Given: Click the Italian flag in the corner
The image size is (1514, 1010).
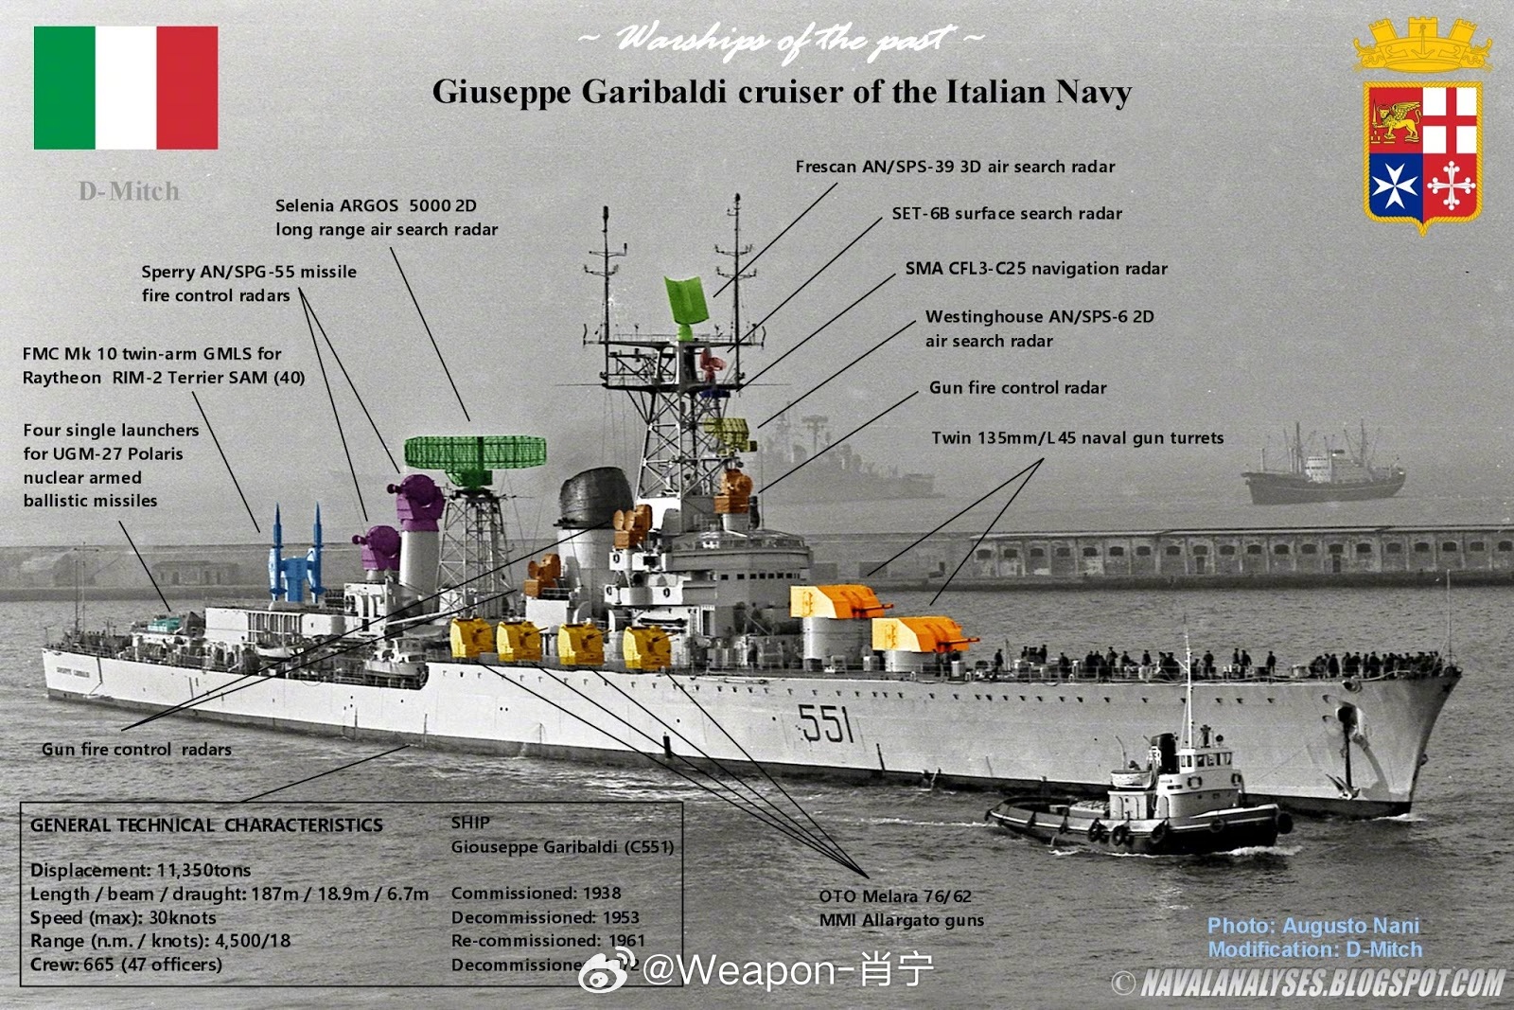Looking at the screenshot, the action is [x=126, y=88].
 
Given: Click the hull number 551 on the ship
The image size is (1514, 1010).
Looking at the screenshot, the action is [x=826, y=724].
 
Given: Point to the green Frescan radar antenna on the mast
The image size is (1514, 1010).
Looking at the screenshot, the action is [x=686, y=303].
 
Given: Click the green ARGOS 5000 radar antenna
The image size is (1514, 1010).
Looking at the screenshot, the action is [x=475, y=452].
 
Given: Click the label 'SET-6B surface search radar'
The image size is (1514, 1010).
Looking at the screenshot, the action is [x=1007, y=214].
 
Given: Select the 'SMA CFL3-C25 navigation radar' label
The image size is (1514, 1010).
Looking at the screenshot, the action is [x=1036, y=269].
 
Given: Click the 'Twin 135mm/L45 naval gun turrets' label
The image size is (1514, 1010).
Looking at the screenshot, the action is [x=1077, y=438].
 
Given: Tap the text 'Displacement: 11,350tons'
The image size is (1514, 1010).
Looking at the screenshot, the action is [x=141, y=870].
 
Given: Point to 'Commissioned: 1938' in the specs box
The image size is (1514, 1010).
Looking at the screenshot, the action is [x=536, y=893].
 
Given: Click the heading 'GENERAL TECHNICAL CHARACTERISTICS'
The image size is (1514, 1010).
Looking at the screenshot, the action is [x=206, y=825].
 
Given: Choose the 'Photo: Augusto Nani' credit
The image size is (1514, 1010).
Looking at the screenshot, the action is [x=1313, y=926].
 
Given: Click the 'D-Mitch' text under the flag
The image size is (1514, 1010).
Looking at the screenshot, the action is [x=129, y=191].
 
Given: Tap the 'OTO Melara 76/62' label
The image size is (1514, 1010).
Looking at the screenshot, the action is [x=895, y=896].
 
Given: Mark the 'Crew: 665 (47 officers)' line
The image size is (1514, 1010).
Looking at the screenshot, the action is [x=126, y=965].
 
